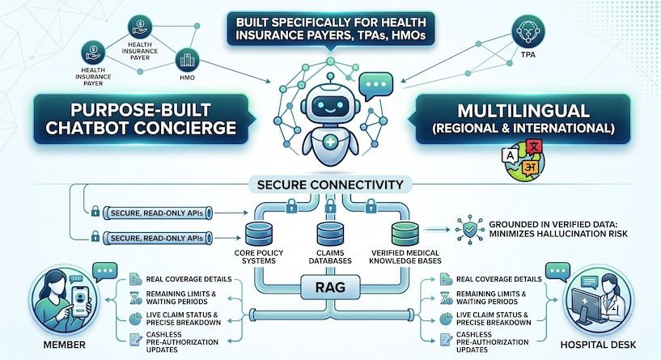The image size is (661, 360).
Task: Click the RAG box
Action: point(330,287)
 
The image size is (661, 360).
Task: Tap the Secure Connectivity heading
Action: point(330,184)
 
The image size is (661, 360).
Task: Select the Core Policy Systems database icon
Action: point(258,234)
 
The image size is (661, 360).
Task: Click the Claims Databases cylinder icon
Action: point(330,234)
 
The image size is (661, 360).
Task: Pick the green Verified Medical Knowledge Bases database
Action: point(405,234)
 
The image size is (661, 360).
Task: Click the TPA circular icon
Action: point(528,32)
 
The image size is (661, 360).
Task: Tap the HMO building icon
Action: point(187,60)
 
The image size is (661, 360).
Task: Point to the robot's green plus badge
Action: point(330,142)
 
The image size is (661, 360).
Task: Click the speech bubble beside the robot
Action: point(375,86)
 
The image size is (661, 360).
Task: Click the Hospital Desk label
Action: point(598,345)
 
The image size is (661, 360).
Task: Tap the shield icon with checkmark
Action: point(469,229)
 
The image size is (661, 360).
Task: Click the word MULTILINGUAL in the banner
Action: point(523,111)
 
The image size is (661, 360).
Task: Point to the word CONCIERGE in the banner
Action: point(188,128)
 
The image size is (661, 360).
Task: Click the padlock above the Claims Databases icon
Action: point(330,205)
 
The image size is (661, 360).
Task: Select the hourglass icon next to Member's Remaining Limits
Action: point(135,298)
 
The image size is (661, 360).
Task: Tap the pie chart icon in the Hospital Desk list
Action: point(446,319)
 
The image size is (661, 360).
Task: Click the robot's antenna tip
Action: point(330,76)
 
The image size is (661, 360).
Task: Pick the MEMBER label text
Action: point(64,345)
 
